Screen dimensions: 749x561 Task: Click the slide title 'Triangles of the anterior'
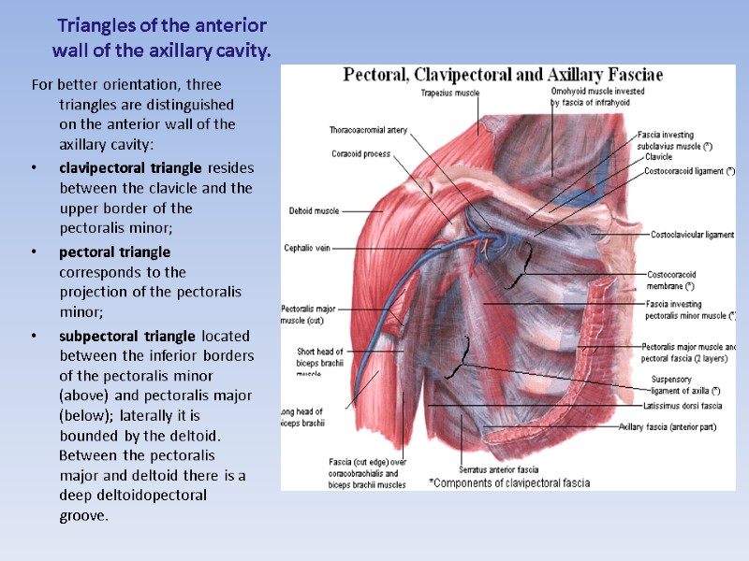[162, 25]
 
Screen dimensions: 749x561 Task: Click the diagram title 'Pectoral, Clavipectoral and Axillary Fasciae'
[504, 74]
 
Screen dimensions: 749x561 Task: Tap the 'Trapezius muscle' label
[449, 93]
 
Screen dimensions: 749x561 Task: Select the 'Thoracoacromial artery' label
[368, 130]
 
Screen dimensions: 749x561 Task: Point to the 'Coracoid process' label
[360, 154]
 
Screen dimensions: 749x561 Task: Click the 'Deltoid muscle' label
[314, 210]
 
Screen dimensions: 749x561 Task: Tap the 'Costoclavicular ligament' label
[692, 235]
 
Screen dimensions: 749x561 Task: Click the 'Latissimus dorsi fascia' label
[683, 406]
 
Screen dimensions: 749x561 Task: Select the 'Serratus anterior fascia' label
[499, 469]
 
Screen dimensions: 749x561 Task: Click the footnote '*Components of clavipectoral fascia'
[508, 483]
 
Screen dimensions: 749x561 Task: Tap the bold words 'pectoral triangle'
[115, 252]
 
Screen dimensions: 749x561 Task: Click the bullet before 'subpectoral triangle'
[35, 337]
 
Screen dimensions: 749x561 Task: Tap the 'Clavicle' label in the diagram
[658, 157]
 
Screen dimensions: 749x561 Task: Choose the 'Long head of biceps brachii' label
[301, 417]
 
